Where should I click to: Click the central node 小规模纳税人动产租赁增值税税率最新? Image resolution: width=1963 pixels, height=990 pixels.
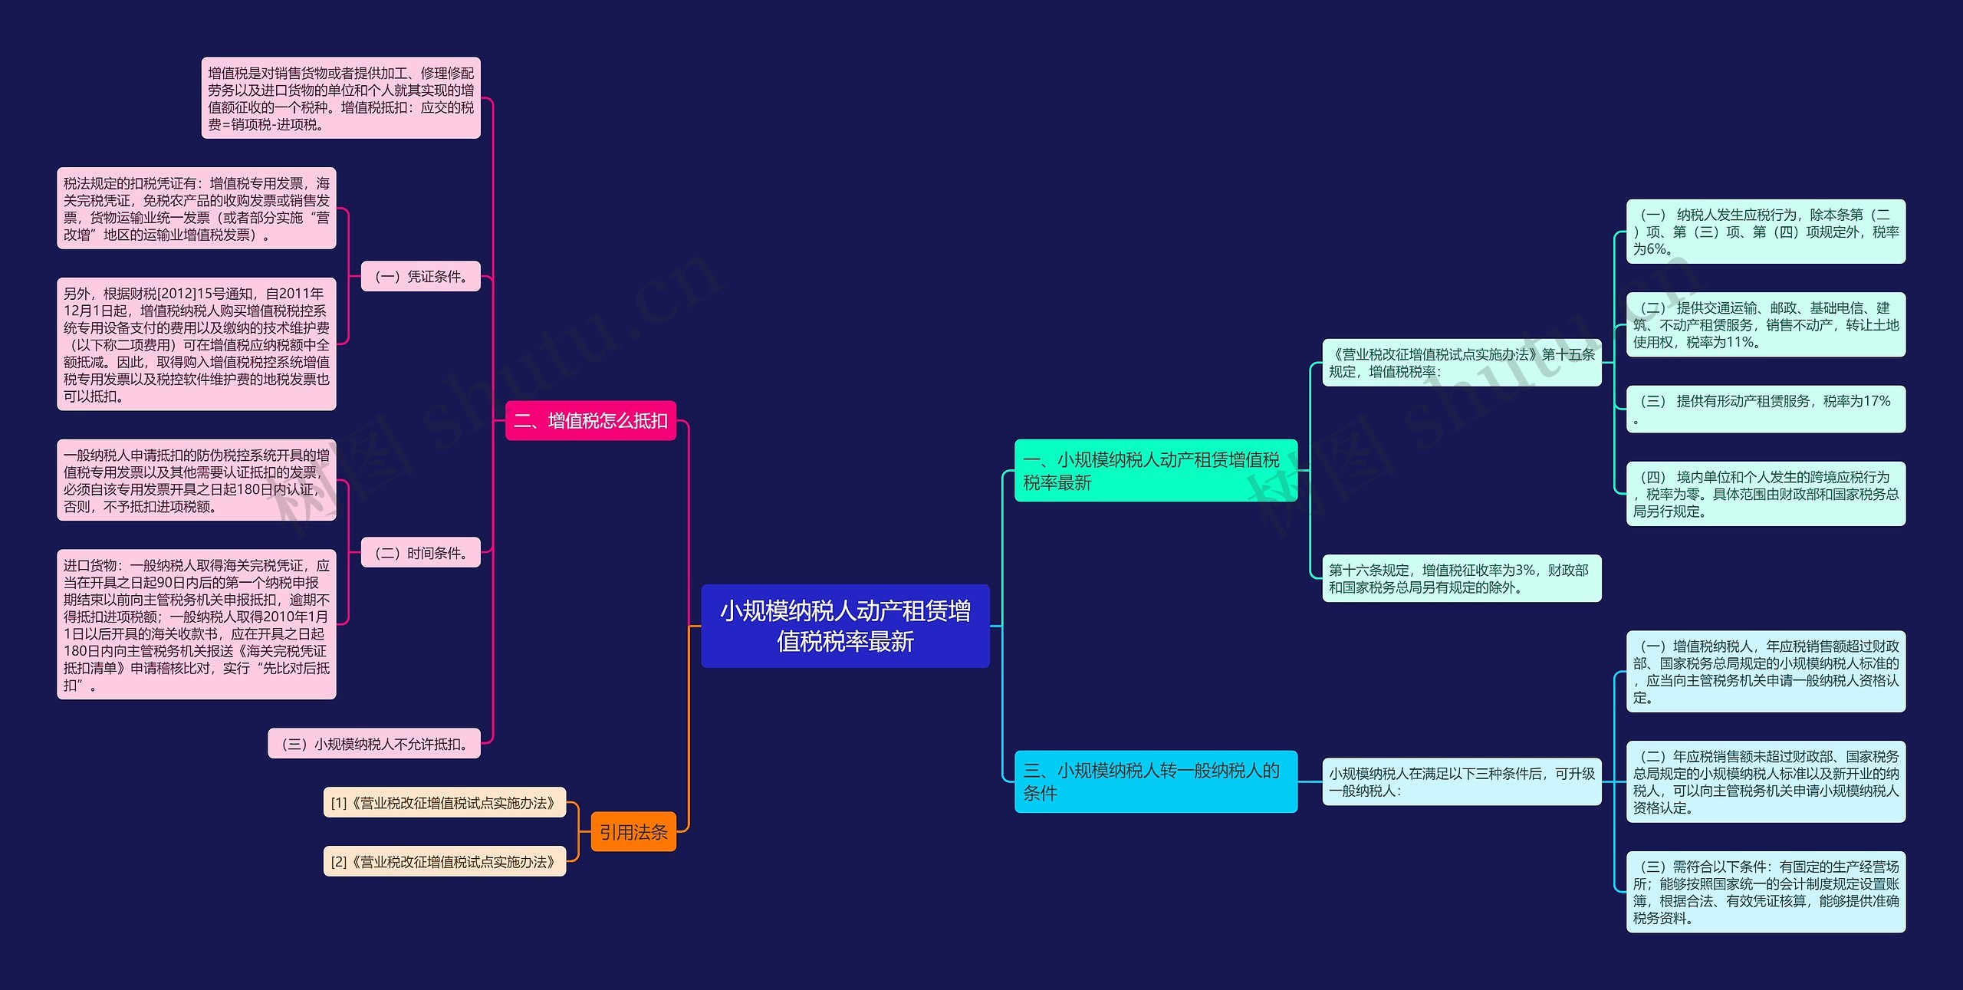point(845,626)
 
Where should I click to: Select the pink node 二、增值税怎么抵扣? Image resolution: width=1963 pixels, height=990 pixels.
point(590,420)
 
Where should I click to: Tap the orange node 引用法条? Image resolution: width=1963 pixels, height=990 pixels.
point(633,832)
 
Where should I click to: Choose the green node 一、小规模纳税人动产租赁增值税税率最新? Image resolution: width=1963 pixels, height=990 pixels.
point(1155,471)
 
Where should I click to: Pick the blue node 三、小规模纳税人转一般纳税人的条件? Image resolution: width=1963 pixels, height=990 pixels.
point(1155,781)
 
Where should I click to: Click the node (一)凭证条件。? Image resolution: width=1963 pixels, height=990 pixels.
point(420,276)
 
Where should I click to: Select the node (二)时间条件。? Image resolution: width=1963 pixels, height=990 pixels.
point(420,553)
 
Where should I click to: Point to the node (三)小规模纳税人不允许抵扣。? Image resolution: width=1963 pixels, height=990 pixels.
point(374,744)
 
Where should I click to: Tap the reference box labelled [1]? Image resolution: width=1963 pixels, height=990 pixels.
point(444,803)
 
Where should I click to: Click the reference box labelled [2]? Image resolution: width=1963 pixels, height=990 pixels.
point(444,862)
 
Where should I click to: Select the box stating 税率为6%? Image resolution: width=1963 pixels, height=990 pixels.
point(1765,232)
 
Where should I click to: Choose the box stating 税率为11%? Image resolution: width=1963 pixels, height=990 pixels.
point(1765,324)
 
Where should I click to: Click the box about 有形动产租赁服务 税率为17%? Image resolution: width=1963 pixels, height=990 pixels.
point(1765,409)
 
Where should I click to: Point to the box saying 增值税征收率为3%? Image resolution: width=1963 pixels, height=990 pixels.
point(1462,578)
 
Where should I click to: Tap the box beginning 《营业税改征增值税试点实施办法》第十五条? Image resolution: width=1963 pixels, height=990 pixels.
point(1462,363)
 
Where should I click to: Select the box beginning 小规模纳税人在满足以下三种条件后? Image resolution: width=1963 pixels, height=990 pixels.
point(1462,781)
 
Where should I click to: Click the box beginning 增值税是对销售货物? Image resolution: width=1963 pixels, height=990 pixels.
point(340,98)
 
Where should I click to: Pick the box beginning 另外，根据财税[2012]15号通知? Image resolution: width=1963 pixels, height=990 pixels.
point(196,344)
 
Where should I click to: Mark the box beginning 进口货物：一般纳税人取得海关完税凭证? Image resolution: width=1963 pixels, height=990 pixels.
point(196,624)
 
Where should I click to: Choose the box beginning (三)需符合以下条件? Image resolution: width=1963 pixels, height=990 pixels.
point(1765,892)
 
